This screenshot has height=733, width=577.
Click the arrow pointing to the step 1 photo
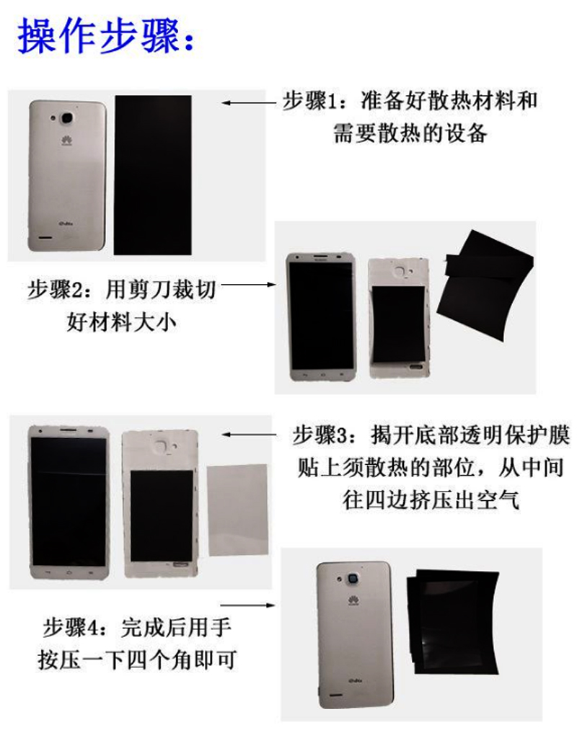click(x=250, y=103)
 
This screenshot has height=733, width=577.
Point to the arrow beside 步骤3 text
click(x=250, y=435)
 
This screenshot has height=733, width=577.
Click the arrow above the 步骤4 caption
click(x=247, y=605)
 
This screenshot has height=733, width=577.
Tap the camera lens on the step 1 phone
click(x=68, y=117)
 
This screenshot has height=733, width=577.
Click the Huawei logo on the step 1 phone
click(x=66, y=140)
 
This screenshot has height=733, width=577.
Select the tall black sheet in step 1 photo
click(x=153, y=175)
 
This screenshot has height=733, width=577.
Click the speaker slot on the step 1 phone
click(x=45, y=237)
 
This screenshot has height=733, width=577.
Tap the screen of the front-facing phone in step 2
click(x=322, y=316)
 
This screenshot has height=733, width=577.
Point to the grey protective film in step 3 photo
click(x=238, y=510)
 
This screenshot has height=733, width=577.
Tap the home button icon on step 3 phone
click(x=69, y=572)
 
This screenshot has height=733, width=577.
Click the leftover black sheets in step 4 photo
click(x=452, y=622)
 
